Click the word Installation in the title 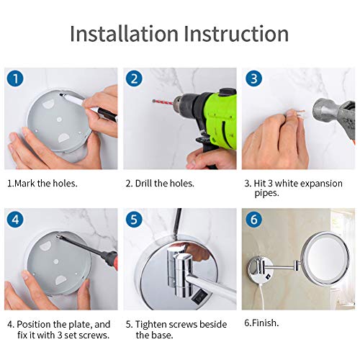point(124,33)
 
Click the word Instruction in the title point(236,33)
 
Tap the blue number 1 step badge point(15,78)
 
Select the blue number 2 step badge point(134,78)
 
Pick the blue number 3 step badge point(253,78)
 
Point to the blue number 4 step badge point(15,220)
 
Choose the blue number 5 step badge point(134,220)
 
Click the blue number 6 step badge point(253,220)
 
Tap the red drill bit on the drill point(163,102)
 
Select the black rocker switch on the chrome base point(198,297)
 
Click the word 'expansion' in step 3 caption point(321,184)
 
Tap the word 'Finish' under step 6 point(264,323)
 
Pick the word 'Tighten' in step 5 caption point(150,325)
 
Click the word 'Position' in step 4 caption point(34,324)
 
